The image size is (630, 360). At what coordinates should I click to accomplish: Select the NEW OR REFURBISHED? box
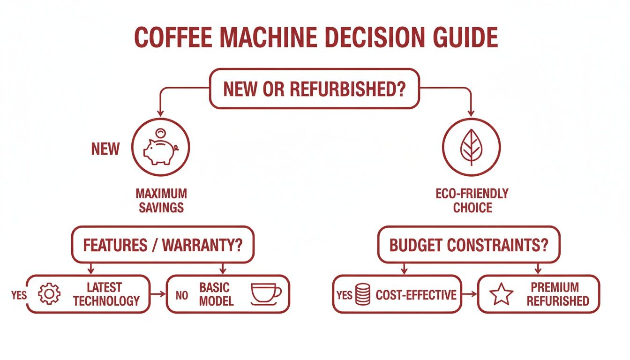314,89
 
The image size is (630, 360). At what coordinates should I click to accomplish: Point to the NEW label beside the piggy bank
105,149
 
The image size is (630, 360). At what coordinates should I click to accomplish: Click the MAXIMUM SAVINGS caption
161,200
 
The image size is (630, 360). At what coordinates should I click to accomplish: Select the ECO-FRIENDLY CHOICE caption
472,200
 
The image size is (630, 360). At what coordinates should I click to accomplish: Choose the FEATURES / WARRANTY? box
162,245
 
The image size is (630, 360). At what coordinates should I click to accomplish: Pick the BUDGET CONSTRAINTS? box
469,245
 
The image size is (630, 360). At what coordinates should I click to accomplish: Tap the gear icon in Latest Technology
49,294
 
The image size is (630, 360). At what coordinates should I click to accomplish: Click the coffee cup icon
266,292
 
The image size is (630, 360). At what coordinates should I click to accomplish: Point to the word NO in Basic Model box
181,295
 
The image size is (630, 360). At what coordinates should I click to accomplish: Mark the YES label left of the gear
19,295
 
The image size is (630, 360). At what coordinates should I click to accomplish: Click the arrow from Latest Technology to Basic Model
158,294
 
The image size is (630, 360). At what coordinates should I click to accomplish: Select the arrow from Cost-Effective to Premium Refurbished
469,294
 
